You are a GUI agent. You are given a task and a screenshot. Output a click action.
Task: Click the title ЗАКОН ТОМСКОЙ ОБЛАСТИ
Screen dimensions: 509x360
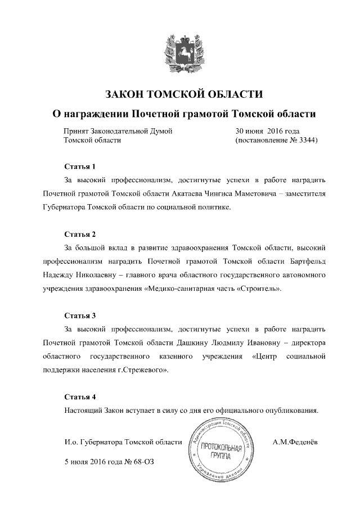[180, 93]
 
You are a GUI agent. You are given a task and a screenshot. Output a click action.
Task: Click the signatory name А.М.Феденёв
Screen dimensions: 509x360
[295, 442]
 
